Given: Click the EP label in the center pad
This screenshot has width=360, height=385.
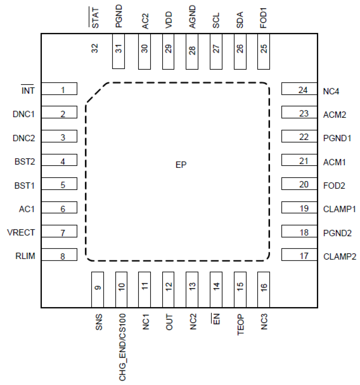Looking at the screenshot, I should tap(181, 165).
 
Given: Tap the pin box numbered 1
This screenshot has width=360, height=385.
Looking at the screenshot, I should tap(59, 89).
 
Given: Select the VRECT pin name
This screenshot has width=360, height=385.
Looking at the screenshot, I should tap(21, 232).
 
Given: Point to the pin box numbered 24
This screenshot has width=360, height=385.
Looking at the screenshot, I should tap(299, 89).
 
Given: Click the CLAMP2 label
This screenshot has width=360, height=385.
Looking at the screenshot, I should tap(340, 256).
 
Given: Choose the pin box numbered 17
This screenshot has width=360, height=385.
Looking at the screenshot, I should tap(299, 255).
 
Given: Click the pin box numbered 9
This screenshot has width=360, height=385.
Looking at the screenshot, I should tap(97, 289).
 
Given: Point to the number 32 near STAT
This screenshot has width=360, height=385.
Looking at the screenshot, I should tap(95, 48).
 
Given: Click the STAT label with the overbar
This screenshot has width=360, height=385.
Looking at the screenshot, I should tap(95, 18).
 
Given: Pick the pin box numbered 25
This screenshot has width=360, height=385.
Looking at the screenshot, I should tap(263, 52).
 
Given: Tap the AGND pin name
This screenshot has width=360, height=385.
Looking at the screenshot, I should tap(192, 17).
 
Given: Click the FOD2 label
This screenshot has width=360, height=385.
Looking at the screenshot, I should tap(334, 186).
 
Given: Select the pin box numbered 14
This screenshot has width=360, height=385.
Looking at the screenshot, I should tap(216, 289).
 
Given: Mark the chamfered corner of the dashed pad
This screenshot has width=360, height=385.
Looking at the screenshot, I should tap(97, 92).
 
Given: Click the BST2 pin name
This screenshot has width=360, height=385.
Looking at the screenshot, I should tap(25, 162).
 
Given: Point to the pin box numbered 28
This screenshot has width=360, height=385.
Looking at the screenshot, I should tap(192, 52).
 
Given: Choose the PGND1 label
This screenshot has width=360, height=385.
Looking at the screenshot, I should tap(337, 138).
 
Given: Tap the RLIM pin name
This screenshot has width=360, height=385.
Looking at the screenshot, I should tap(25, 256).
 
